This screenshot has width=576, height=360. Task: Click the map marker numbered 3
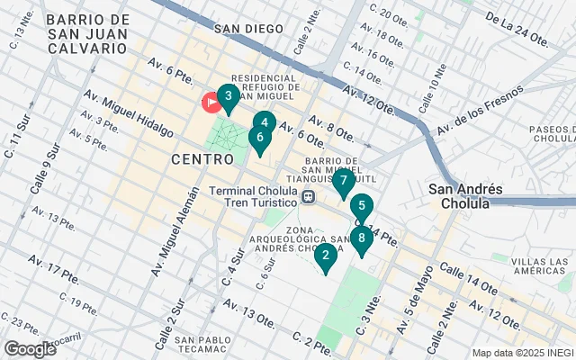point(228,96)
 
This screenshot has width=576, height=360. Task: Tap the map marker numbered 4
point(264,123)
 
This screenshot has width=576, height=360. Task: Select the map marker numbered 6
point(259,139)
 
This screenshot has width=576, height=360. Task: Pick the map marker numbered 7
point(343,181)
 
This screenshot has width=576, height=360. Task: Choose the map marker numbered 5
point(361,206)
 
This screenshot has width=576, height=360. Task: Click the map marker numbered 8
point(361,238)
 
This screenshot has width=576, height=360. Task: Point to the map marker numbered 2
point(325,256)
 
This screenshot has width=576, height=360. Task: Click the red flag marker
point(212,103)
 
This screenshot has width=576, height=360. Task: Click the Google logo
point(30,348)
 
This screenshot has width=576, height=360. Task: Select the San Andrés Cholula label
point(459,196)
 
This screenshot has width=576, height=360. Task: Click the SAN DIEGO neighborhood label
point(248,29)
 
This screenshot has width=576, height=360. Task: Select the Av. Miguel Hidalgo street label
point(128,112)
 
